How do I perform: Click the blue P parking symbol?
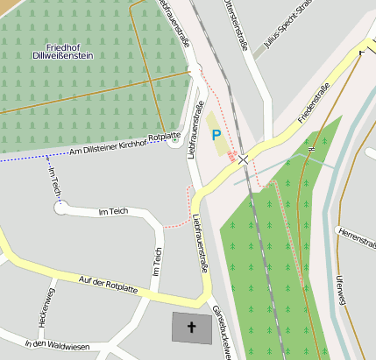pos(216,135)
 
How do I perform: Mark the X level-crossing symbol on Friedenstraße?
pos(243,159)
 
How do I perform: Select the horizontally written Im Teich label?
pos(113,212)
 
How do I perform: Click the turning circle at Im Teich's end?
pos(60,208)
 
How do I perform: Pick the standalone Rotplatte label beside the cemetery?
pos(165,138)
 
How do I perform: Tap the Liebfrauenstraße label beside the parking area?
pos(190,131)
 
